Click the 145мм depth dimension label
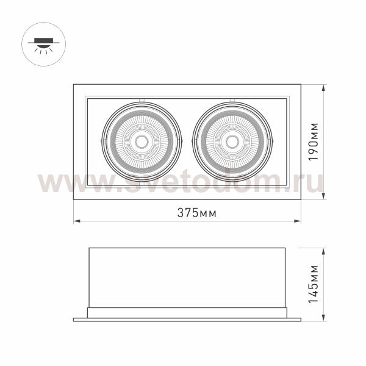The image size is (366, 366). tap(312, 284)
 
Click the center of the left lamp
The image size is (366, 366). tap(142, 142)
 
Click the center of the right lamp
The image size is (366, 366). tap(232, 142)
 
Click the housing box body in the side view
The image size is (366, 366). tap(187, 278)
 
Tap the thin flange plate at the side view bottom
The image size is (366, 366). tap(187, 319)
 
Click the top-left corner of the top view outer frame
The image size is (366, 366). tap(74, 85)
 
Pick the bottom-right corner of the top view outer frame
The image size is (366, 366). tap(301, 199)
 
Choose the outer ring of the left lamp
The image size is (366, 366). tap(104, 142)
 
